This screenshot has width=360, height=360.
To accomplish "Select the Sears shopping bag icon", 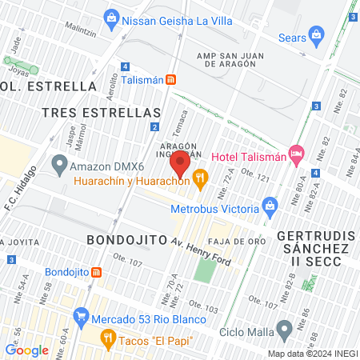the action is coord(318,36).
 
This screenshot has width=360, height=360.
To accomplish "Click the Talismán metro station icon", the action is coord(171,80).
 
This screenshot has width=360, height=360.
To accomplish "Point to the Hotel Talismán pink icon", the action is coord(297,152).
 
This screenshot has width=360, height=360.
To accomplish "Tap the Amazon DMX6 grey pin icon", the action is coord(58,166).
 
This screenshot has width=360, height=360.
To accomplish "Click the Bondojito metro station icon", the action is coord(96,272).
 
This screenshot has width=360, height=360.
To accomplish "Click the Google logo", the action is coord(26,350).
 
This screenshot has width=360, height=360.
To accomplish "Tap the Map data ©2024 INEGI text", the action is coord(311,354).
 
